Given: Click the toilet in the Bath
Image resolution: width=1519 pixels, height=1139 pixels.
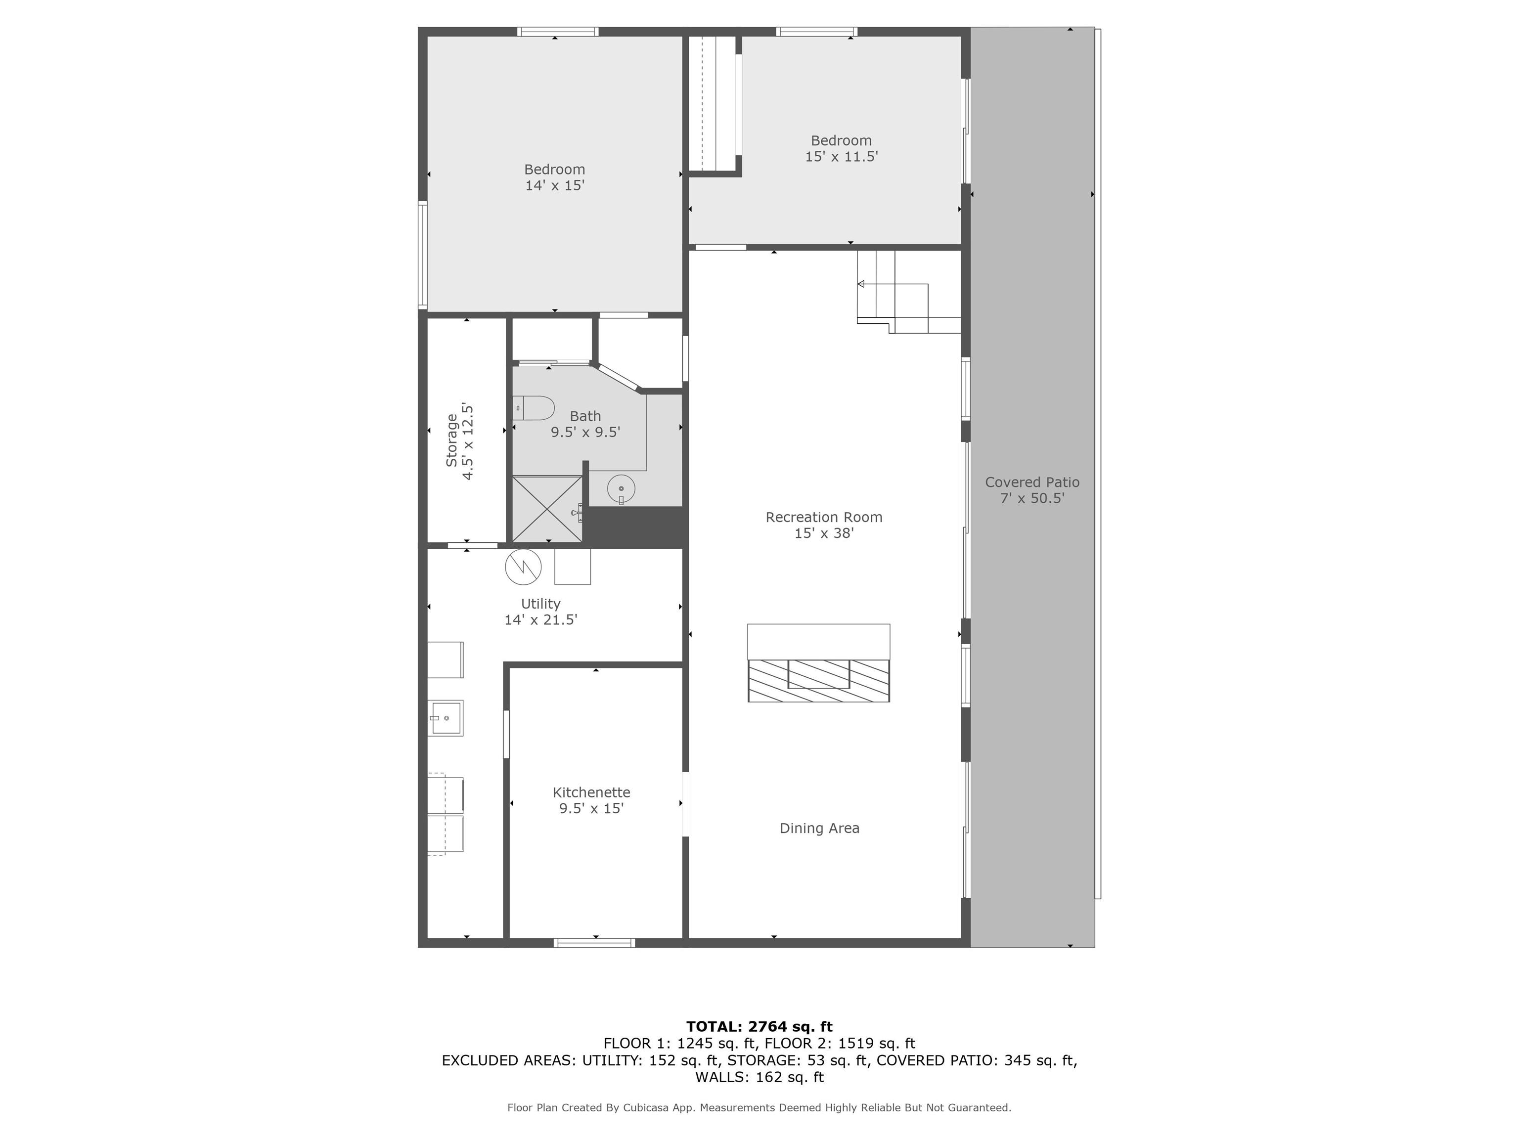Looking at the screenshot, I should pos(534,408).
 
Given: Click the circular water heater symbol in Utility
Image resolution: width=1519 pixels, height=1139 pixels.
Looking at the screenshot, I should pos(523,567).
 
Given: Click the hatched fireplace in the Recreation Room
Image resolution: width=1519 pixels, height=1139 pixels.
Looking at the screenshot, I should pos(818,680).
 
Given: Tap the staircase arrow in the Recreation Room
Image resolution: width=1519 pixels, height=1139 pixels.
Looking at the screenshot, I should pos(861,284).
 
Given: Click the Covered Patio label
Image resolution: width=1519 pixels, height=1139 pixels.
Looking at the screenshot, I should pos(1031,482).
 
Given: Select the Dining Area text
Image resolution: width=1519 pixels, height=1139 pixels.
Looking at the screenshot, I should pos(819,828).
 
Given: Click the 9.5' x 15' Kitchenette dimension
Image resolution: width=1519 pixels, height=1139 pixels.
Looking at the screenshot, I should pos(591,808).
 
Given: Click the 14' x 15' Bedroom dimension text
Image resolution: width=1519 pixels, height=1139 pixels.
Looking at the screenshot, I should pos(554,185).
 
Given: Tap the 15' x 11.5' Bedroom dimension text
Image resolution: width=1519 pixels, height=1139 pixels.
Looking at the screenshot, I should pos(841,157).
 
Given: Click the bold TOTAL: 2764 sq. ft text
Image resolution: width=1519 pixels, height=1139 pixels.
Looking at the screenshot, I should pos(759,1026).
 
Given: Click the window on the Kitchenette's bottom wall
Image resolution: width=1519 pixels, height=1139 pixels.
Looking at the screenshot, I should pos(595,943).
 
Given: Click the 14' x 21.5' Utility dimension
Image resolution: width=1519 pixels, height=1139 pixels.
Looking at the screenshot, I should pos(540,619).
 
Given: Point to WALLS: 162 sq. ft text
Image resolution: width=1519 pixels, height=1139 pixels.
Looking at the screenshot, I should pos(759,1077).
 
